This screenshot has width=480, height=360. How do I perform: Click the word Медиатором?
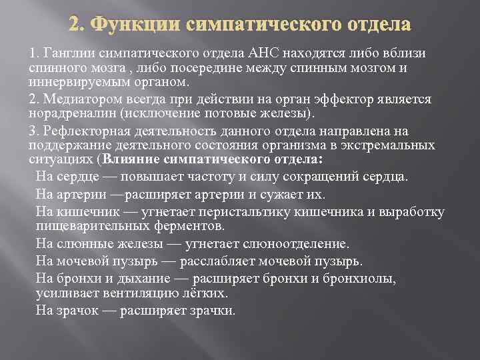[73, 99]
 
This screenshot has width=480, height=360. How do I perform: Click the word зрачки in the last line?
[210, 311]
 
